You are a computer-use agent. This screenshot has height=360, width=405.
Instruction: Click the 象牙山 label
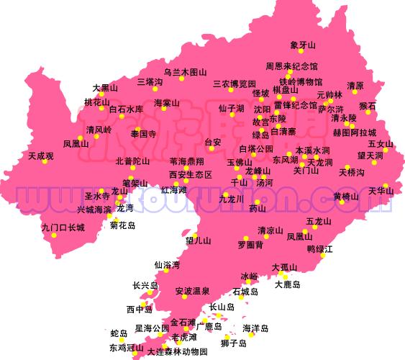[303, 45]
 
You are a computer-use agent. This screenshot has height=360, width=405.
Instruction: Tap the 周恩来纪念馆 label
[291, 66]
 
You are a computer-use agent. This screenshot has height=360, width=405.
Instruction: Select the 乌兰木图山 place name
[185, 72]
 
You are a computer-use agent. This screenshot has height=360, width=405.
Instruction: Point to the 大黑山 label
[105, 88]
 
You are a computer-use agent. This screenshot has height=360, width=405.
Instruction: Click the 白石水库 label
[126, 109]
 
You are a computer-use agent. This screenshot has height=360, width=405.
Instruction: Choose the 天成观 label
[41, 155]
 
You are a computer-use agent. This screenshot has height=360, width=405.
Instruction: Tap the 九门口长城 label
[63, 228]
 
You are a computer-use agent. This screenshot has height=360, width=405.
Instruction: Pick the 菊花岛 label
[122, 225]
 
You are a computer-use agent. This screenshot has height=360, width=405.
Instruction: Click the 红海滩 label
[173, 190]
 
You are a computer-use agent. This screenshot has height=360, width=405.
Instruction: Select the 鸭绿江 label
[320, 249]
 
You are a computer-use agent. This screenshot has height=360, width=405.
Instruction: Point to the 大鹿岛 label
[287, 284]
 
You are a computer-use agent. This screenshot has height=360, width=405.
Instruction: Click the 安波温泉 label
[193, 291]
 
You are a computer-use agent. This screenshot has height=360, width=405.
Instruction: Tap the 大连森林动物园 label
[177, 352]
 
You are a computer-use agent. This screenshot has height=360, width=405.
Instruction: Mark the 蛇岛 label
[119, 333]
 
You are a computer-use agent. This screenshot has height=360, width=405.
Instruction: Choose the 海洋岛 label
[255, 328]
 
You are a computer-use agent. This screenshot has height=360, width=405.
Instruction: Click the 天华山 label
[381, 191]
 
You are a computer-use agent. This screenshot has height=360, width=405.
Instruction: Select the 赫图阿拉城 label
[355, 132]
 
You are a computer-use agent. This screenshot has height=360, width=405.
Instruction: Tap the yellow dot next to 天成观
[45, 161]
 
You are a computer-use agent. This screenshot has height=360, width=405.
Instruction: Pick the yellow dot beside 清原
[350, 91]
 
